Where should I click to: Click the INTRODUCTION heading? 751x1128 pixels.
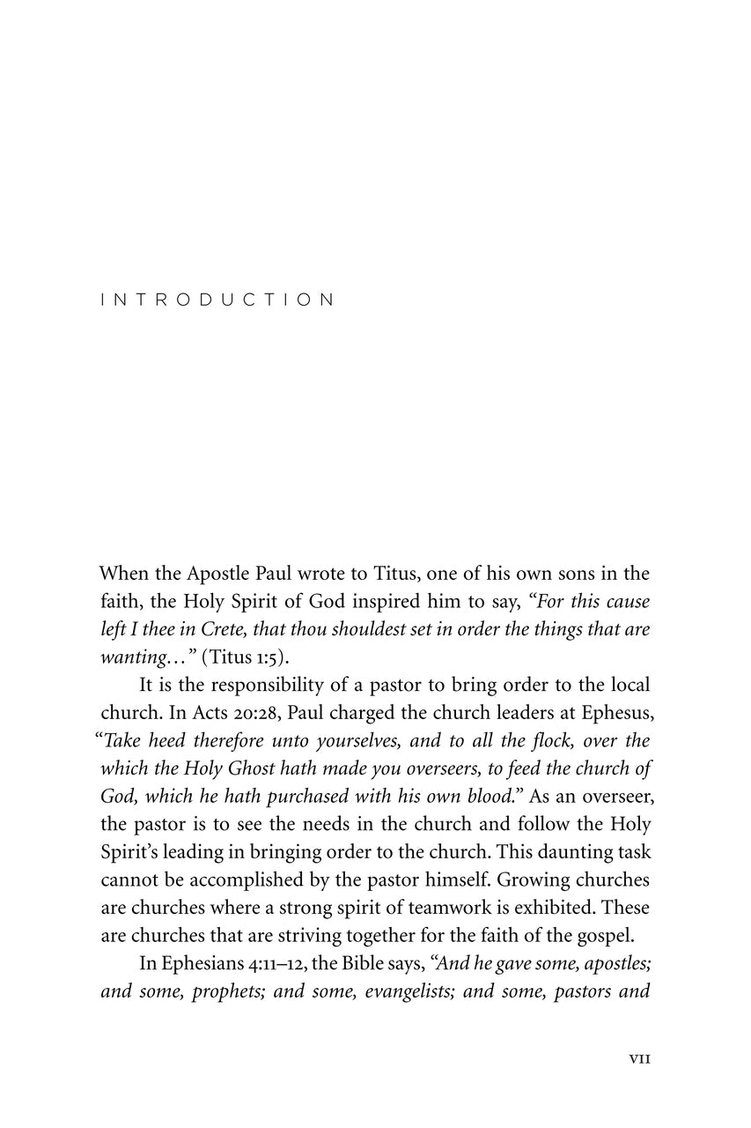[218, 300]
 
